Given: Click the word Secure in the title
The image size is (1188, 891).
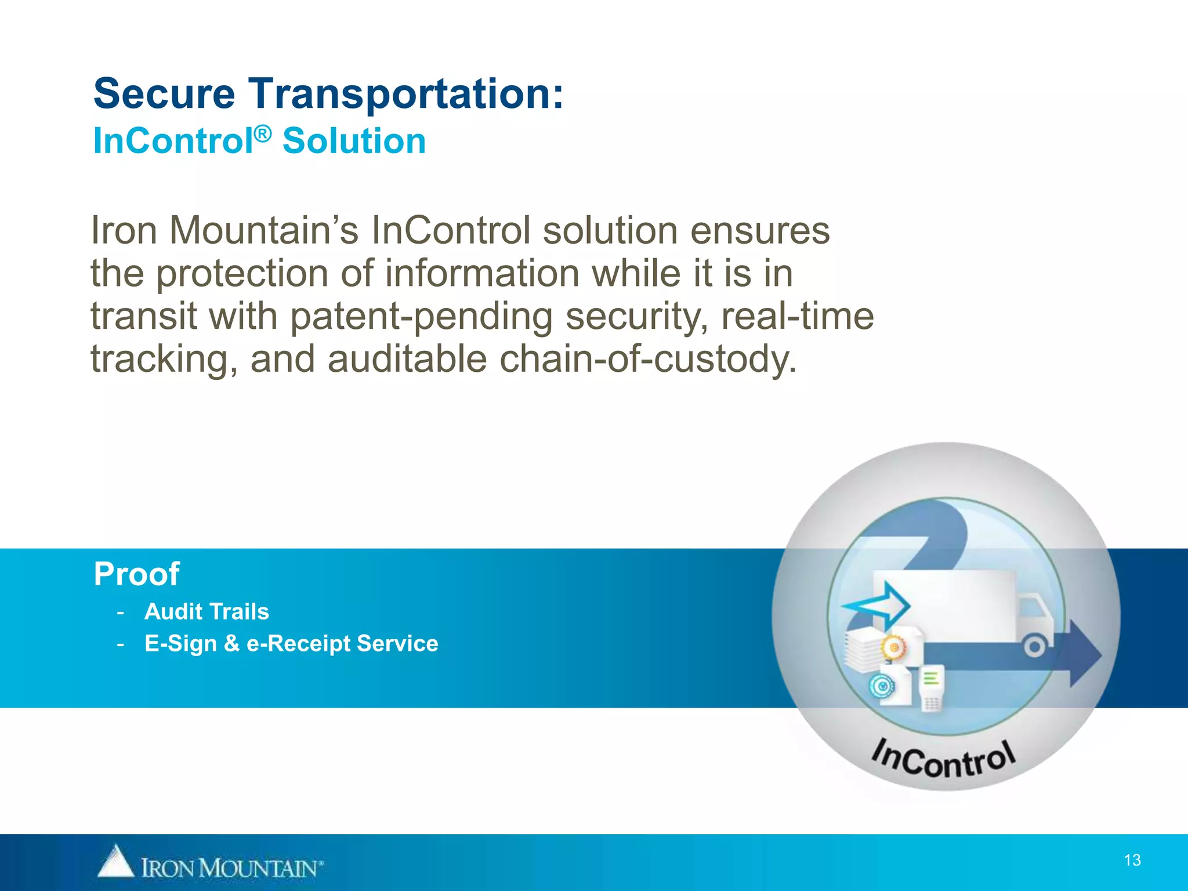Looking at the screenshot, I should point(164,94).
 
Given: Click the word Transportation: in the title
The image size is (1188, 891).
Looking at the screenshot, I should point(406,94).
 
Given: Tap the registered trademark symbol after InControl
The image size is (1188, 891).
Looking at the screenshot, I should point(263,134).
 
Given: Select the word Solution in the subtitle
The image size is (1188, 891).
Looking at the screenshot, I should point(354,142).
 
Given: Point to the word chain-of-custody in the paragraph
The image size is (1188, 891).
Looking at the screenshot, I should point(648,360).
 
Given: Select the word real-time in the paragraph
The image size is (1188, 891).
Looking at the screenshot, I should point(797,317).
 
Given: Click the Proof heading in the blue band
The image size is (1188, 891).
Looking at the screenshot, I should point(136,574).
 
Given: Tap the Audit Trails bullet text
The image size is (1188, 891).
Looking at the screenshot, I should point(207,611).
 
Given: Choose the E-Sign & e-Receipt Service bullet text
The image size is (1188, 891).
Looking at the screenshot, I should point(291,643).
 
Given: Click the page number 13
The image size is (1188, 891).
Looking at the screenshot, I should point(1132,860).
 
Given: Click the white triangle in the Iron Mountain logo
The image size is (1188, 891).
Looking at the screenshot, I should point(115,861).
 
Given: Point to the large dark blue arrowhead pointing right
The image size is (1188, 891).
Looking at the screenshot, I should point(1084,654).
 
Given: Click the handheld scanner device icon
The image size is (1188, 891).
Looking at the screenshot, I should point(932,688).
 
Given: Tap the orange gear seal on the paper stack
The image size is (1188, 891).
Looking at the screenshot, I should point(893,647).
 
